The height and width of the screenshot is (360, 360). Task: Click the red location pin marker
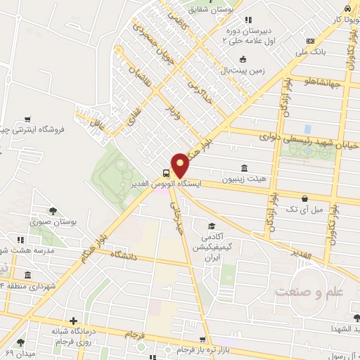click(180, 165)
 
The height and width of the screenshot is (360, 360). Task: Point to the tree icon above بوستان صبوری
click(53, 210)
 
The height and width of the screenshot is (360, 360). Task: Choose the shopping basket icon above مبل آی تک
click(304, 198)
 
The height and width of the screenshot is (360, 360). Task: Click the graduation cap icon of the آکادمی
click(211, 226)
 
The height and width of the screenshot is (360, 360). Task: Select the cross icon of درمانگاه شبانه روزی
click(73, 321)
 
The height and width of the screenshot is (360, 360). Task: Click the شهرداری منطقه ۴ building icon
click(27, 274)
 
